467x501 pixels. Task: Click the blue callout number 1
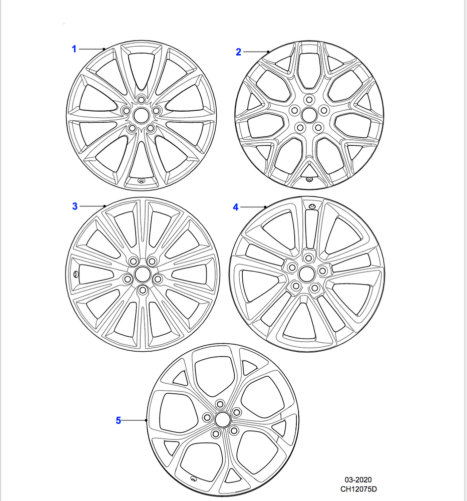tap(74, 49)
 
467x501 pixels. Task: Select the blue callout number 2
tap(238, 52)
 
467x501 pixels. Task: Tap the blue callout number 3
tap(75, 206)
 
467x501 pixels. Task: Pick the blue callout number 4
tap(236, 207)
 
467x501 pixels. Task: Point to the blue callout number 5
tap(119, 420)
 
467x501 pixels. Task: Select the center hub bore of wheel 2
tap(309, 115)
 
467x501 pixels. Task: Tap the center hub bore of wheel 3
tap(142, 275)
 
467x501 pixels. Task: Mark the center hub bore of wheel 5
tap(222, 419)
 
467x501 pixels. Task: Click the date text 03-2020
tap(358, 479)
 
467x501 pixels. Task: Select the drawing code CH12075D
tap(358, 489)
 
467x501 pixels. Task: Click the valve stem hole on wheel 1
tap(141, 181)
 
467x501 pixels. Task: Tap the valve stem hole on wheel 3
tap(76, 274)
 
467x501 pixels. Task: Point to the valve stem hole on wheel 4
tap(311, 206)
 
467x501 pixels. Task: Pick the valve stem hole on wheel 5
tap(193, 478)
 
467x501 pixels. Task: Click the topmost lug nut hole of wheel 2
tap(309, 100)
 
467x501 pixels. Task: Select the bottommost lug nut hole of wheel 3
tap(143, 291)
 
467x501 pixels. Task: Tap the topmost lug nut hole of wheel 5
tap(220, 404)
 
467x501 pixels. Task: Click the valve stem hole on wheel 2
tap(309, 179)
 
